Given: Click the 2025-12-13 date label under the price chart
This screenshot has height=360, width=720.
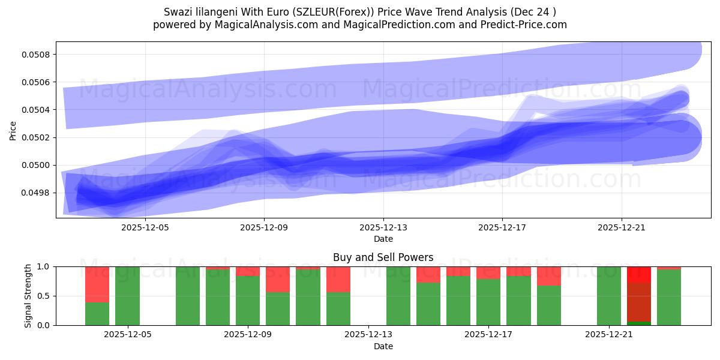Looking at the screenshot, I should [x=383, y=228].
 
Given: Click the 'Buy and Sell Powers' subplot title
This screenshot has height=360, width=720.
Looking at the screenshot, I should [x=383, y=257].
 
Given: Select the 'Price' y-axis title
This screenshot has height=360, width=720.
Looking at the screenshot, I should [x=13, y=130].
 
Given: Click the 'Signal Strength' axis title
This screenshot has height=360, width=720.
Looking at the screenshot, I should [x=28, y=296].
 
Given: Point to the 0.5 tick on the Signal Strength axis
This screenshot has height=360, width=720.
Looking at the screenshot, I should [x=46, y=296].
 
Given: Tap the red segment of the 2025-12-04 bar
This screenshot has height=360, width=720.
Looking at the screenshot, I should [x=97, y=284].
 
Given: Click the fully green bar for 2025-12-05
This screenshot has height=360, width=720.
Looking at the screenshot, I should [x=127, y=296].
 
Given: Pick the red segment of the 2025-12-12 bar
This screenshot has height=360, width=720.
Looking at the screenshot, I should [x=338, y=279].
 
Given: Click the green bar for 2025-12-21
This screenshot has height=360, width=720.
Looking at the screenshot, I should [x=609, y=296].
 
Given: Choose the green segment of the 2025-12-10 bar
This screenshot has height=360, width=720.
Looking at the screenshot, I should [x=278, y=308].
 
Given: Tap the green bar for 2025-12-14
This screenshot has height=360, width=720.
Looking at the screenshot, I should [x=398, y=296].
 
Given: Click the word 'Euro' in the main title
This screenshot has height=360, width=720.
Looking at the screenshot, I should [x=247, y=12].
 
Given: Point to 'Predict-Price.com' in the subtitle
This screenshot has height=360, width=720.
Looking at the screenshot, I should [x=526, y=25].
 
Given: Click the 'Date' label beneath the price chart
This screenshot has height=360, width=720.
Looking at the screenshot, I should [x=383, y=239].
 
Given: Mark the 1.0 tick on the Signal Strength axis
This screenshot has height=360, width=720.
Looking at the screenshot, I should [x=46, y=266].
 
